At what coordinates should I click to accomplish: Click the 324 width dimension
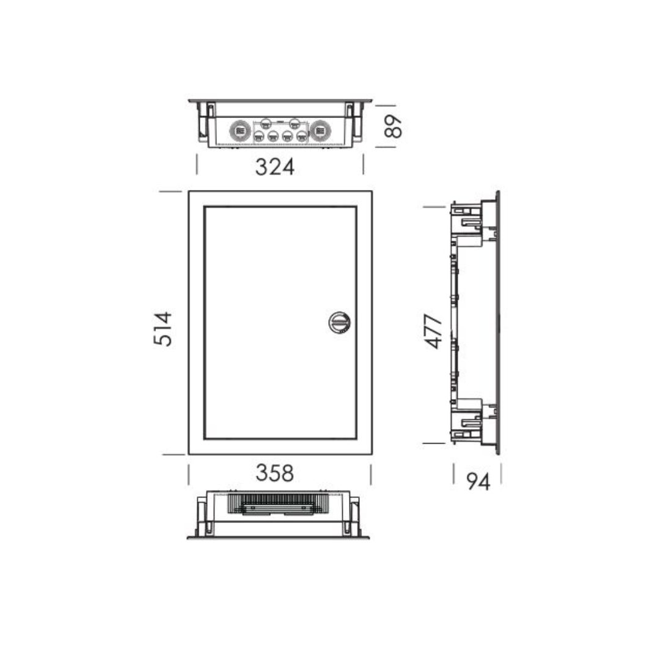(275, 167)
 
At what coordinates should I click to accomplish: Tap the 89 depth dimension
(393, 127)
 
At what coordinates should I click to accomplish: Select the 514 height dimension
(163, 329)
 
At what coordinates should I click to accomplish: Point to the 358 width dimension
(275, 473)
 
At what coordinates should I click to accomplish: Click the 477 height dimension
(433, 331)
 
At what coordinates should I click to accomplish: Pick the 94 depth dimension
(478, 482)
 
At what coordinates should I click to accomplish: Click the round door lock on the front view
(339, 323)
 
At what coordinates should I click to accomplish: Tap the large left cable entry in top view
(240, 131)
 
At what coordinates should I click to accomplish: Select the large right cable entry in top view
(320, 131)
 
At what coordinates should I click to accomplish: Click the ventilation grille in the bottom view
(278, 503)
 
